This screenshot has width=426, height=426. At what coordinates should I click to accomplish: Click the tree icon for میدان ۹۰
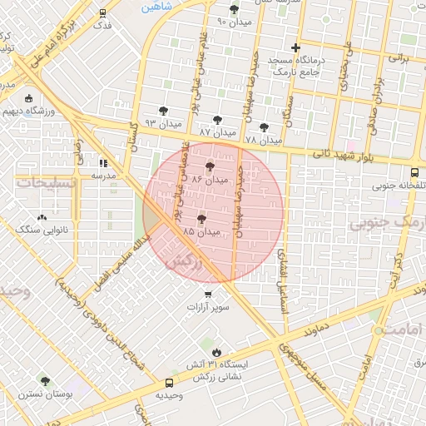click(234, 9)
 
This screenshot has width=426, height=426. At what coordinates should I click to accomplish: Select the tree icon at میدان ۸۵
click(201, 220)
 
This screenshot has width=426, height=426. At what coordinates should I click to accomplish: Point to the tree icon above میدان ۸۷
click(218, 120)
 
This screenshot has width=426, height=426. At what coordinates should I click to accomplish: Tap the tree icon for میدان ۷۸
click(265, 127)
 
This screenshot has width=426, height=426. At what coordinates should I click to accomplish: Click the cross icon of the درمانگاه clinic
click(295, 47)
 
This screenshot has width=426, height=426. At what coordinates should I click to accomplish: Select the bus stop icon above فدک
click(102, 13)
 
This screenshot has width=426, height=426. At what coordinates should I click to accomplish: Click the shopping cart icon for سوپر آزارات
click(208, 295)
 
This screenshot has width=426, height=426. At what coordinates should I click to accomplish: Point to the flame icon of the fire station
click(215, 352)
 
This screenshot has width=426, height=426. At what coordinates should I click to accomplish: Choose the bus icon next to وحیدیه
click(170, 384)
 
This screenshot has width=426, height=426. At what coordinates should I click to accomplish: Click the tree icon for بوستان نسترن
click(45, 380)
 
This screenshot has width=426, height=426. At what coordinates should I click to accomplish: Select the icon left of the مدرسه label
click(103, 164)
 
